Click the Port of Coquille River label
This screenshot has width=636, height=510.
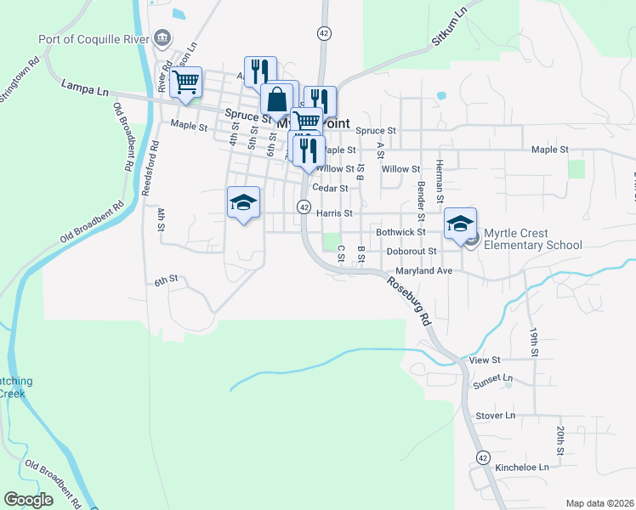tap(93, 38)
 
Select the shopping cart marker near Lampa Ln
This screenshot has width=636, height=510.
tap(185, 83)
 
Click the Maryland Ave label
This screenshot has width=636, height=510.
tap(412, 271)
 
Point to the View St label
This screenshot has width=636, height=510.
tap(484, 360)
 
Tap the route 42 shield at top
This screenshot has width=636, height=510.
tap(324, 32)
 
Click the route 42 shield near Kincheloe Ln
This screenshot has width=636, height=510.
tap(483, 457)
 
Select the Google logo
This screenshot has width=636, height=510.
tap(29, 500)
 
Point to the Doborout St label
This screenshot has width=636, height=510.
tap(411, 252)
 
